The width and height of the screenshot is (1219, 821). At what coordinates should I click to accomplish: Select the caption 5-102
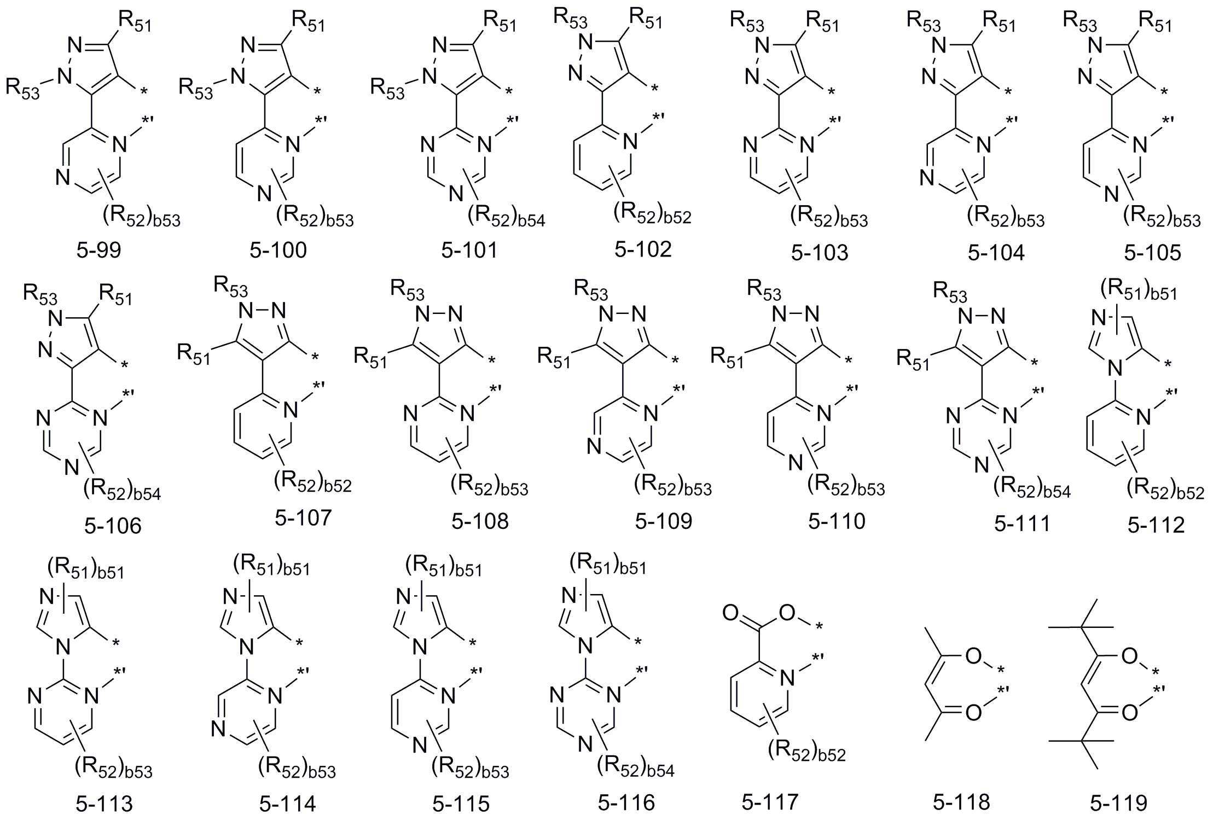(x=643, y=249)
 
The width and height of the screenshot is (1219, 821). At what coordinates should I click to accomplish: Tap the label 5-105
(x=1152, y=252)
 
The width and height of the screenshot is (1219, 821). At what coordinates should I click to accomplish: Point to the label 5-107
(x=303, y=517)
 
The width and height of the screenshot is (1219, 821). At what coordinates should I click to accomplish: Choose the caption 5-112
(x=1156, y=525)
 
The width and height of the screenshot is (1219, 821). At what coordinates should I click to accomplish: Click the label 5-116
(x=626, y=802)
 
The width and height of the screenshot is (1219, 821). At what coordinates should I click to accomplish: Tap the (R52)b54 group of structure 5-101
(x=506, y=217)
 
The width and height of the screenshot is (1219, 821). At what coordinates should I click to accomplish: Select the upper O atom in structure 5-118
(x=973, y=656)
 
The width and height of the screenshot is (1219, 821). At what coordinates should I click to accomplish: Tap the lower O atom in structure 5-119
(x=1129, y=712)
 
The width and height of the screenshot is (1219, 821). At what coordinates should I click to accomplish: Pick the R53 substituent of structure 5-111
(x=950, y=292)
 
